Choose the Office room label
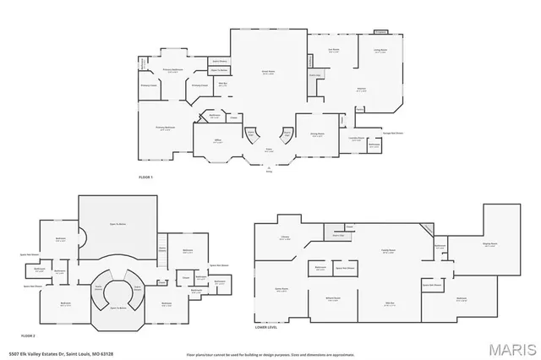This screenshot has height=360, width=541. click(x=217, y=139)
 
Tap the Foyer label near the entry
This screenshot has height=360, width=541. click(x=268, y=150)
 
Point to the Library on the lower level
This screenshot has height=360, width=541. click(x=285, y=238)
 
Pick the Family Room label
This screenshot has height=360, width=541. click(x=387, y=250)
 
